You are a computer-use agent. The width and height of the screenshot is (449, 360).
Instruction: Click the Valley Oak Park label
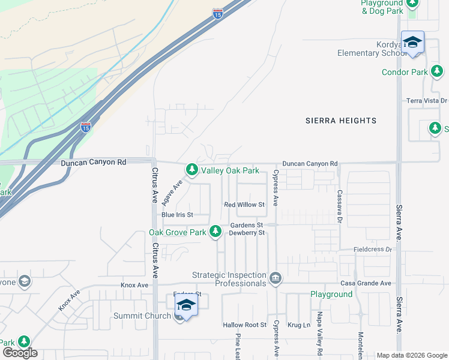[230, 171]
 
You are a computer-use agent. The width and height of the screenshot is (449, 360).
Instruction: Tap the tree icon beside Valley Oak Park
[191, 171]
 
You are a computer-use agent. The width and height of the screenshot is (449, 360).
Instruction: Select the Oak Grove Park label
[178, 232]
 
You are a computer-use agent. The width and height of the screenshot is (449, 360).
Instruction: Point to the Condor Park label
[405, 73]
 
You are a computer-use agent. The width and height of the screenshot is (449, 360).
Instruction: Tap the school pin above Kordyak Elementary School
[412, 43]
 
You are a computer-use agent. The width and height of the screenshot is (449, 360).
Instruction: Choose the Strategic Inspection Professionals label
[229, 279]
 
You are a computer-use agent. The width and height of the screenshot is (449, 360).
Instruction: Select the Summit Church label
[141, 316]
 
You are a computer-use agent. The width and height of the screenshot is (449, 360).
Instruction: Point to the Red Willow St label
[244, 205]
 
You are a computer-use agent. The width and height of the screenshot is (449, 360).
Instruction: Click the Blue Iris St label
[177, 215]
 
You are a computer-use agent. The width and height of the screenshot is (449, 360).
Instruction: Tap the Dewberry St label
[248, 233]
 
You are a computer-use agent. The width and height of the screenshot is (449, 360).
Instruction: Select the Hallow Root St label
[244, 325]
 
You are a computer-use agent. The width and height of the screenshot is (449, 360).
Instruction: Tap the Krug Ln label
[298, 325]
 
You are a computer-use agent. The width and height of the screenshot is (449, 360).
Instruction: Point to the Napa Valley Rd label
[319, 337]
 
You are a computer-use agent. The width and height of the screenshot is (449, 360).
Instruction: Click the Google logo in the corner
[20, 353]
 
